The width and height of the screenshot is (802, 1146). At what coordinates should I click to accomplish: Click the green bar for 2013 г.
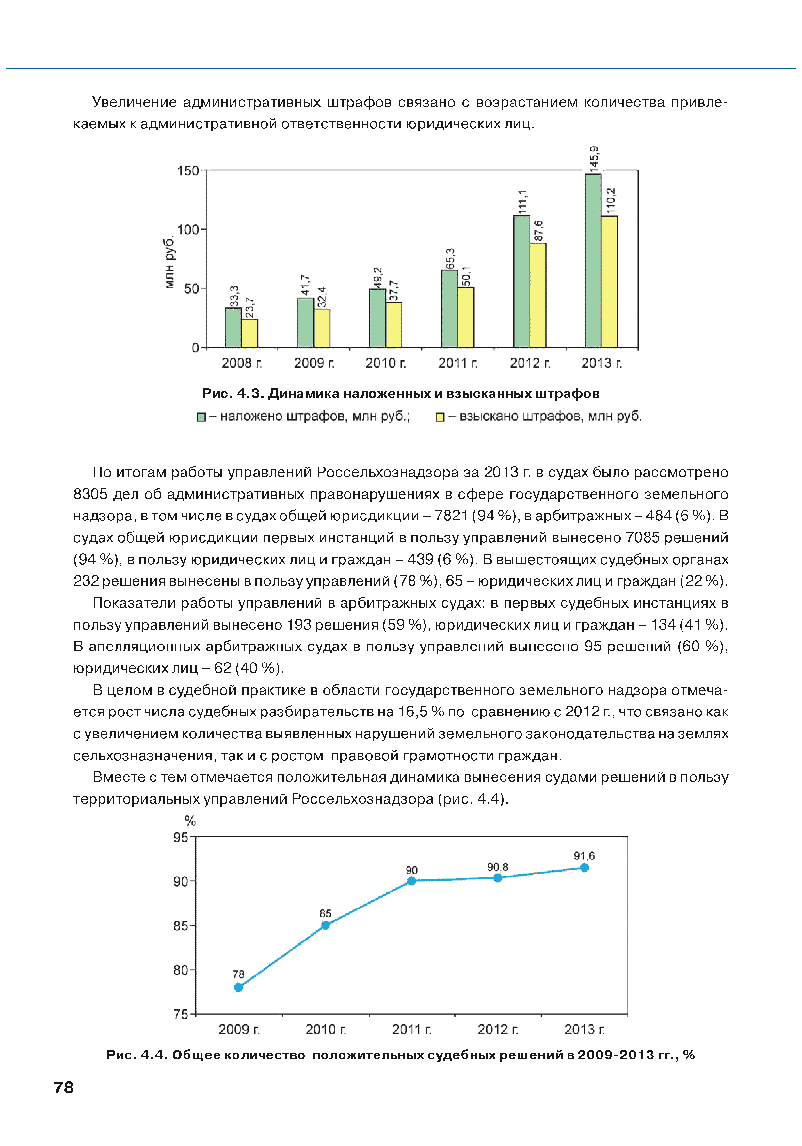point(593,261)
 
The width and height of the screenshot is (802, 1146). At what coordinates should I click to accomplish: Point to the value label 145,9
point(593,159)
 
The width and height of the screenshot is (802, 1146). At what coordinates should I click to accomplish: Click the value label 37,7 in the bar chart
point(394,290)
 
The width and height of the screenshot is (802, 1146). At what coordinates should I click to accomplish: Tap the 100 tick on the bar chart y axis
point(188,230)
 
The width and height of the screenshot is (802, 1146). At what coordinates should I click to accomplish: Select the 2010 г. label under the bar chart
point(385,363)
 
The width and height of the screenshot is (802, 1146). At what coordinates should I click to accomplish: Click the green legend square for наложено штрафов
point(201,417)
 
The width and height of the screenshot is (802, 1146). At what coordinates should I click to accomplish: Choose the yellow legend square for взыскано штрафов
point(440,417)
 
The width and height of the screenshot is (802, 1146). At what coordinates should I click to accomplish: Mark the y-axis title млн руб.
point(170,263)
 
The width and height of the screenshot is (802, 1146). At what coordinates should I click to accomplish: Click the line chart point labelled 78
point(239,987)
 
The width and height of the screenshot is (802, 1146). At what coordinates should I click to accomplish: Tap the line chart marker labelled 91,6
point(585,867)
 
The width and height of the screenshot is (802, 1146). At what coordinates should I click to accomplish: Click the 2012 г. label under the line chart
point(498,1029)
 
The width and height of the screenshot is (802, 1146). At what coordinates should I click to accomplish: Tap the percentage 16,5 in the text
point(413,712)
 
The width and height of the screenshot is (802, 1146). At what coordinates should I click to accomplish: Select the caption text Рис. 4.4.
point(137,1055)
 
